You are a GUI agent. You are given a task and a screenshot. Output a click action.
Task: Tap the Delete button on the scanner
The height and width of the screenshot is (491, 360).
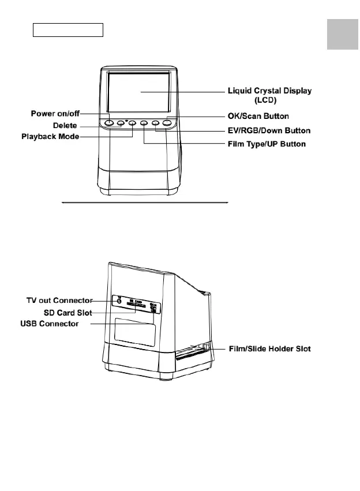click(x=121, y=122)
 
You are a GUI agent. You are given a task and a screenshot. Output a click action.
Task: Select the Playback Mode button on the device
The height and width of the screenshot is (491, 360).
click(x=132, y=122)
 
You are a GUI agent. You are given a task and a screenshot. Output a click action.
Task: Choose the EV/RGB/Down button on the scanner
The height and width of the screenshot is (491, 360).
click(x=156, y=122)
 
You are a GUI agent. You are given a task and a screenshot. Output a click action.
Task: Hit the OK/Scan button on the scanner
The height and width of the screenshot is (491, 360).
click(x=167, y=122)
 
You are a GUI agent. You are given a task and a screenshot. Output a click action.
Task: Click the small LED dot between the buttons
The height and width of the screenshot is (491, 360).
click(x=127, y=120)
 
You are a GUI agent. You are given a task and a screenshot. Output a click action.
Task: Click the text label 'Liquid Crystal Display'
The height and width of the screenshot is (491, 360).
click(x=273, y=92)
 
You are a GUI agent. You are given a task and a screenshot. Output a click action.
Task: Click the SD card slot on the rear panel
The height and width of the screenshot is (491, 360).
click(x=136, y=306)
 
